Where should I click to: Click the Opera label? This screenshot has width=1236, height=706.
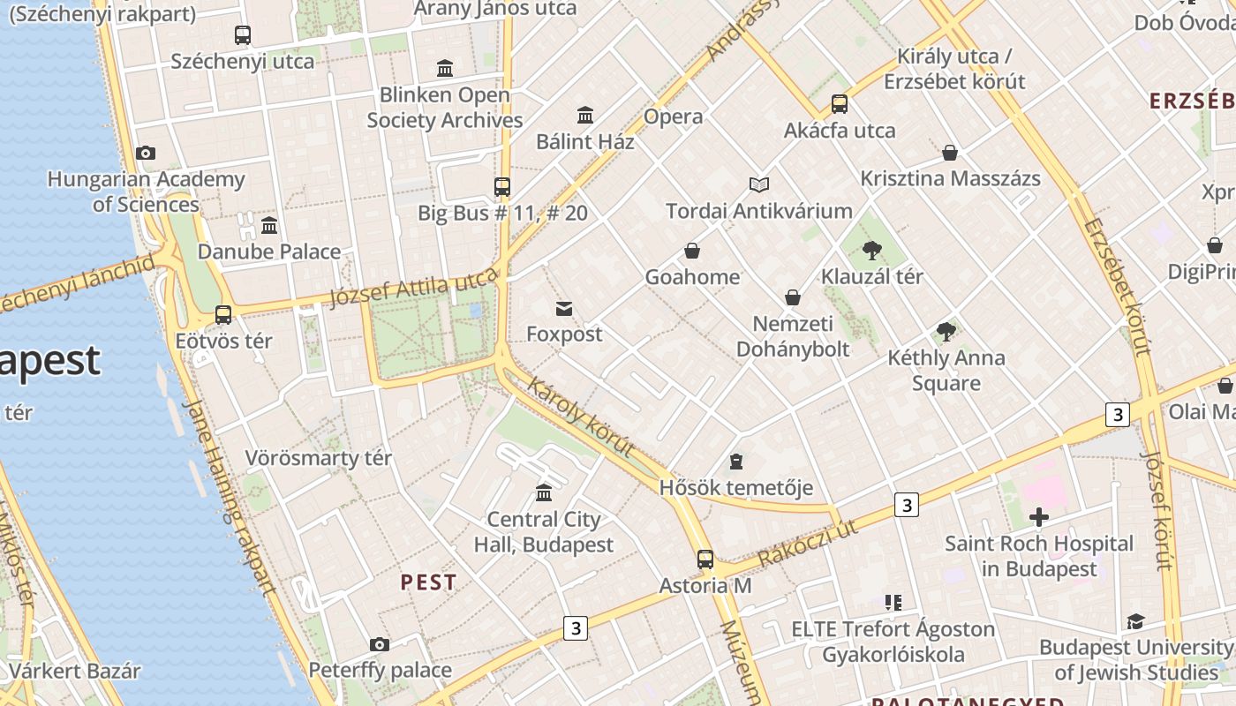673,116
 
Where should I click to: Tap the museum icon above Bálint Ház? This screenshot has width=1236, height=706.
585,115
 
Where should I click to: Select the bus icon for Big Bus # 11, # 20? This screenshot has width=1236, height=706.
501,186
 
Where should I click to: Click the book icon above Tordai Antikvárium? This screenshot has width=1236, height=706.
759,184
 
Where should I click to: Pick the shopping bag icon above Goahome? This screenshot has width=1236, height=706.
692,251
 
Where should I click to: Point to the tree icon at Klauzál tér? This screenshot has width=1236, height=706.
872,250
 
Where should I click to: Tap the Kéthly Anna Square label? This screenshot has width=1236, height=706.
946,370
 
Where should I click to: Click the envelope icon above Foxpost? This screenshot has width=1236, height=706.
563,308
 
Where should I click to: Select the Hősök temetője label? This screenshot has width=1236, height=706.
735,488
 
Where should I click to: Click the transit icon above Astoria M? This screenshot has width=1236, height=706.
705,559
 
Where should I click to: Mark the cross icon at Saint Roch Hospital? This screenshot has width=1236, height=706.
1039,517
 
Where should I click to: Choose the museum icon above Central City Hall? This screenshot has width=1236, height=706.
544,492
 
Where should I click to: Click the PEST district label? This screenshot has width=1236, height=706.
428,582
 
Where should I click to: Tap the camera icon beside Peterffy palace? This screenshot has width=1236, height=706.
380,644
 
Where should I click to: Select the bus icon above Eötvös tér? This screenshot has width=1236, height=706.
223,314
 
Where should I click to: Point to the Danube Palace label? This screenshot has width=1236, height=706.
268,252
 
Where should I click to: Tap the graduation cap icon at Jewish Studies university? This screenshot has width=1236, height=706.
1135,621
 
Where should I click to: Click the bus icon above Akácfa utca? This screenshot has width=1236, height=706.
839,104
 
